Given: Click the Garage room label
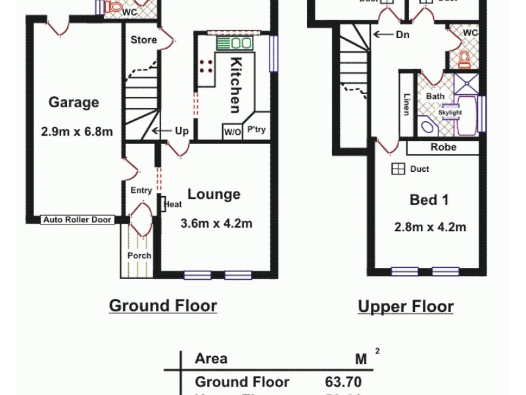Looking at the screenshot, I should pyautogui.click(x=74, y=103).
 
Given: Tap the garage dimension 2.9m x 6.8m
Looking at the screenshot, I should pyautogui.click(x=77, y=132).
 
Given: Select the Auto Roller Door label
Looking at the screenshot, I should pyautogui.click(x=78, y=220).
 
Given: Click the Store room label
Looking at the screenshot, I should pyautogui.click(x=143, y=40).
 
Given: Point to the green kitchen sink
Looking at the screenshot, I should pyautogui.click(x=235, y=43).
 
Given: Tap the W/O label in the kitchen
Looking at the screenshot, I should pyautogui.click(x=233, y=131).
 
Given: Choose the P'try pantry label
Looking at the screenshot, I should pyautogui.click(x=256, y=130).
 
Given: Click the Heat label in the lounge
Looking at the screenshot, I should pyautogui.click(x=174, y=205).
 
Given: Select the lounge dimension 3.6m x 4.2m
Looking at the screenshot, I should pyautogui.click(x=216, y=224).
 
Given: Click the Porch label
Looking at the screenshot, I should pyautogui.click(x=139, y=255).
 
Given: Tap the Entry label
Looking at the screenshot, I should pyautogui.click(x=141, y=190).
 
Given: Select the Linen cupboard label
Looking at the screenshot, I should pyautogui.click(x=406, y=104).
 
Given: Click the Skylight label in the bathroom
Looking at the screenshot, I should pyautogui.click(x=450, y=113).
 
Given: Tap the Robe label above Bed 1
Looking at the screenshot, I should pyautogui.click(x=444, y=147).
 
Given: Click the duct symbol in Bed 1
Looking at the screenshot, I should pyautogui.click(x=398, y=169).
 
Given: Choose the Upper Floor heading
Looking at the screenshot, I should pyautogui.click(x=406, y=307).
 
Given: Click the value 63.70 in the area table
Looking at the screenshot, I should pyautogui.click(x=343, y=382).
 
